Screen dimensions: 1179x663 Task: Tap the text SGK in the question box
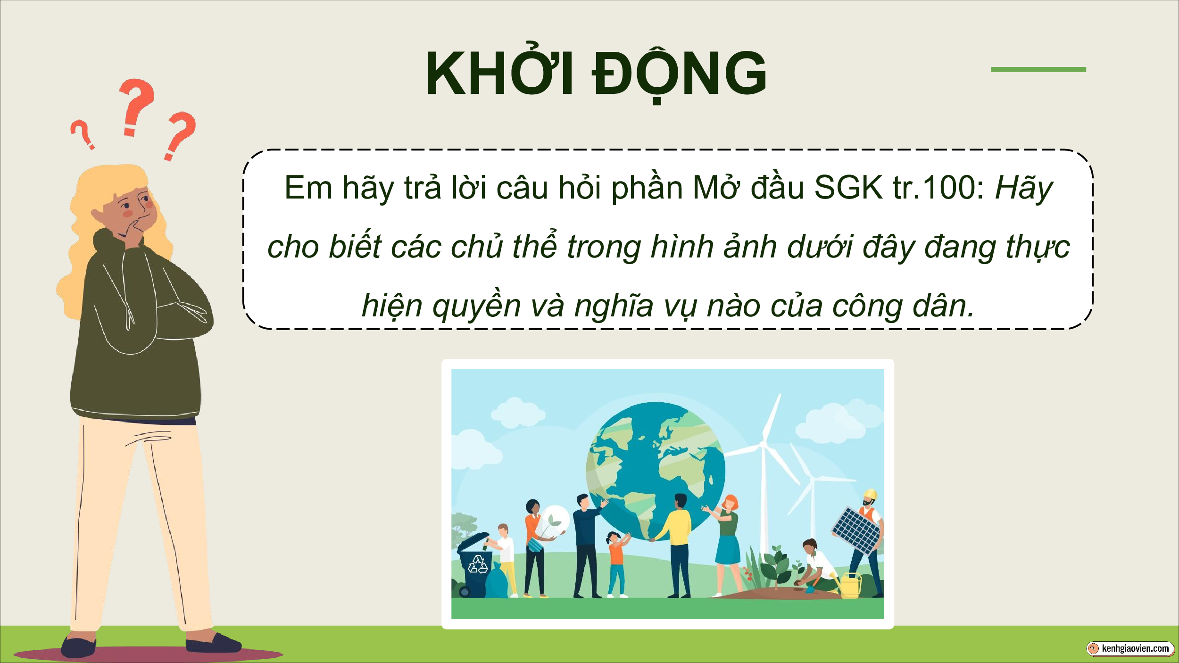coord(848,188)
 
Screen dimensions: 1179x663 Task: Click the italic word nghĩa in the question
coord(614,306)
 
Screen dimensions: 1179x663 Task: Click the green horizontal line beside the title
coord(1038,69)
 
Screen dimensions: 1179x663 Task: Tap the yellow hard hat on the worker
coord(870,494)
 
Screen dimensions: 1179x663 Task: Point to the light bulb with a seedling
coord(555,521)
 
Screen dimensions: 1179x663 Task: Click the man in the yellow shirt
coord(678,545)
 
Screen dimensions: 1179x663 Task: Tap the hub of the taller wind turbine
coord(763,444)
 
